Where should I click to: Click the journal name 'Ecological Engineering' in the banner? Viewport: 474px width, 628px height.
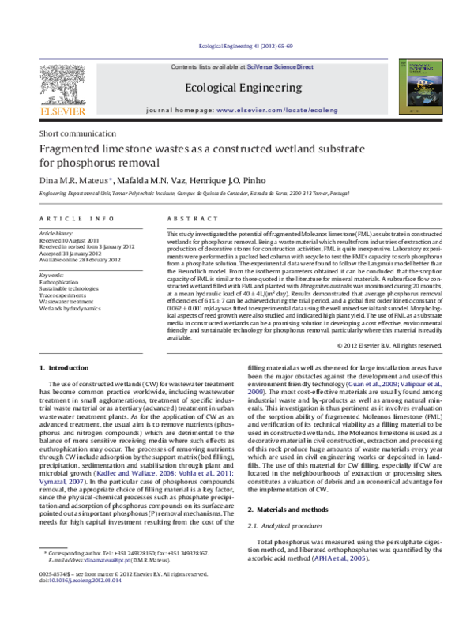pos(243,88)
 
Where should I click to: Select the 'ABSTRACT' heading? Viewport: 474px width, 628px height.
pos(186,218)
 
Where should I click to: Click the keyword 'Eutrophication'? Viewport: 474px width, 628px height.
pos(58,282)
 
